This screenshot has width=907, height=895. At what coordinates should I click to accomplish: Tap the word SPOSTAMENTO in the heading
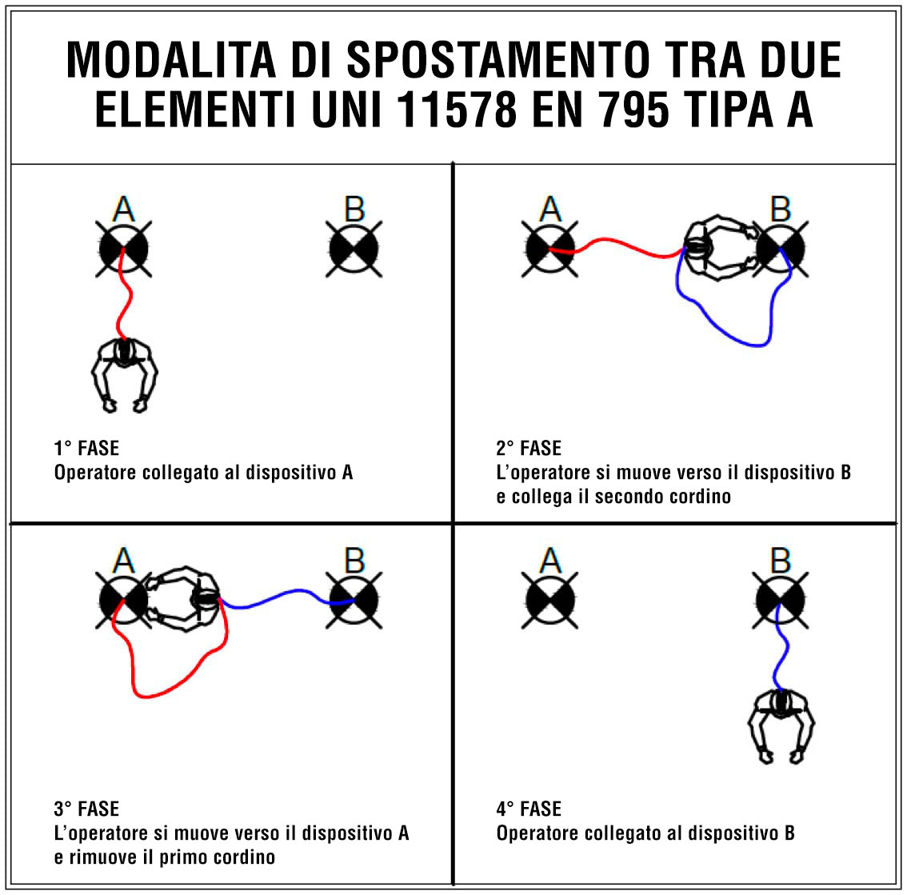498,59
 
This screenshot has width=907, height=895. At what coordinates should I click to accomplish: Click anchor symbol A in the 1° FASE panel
124,249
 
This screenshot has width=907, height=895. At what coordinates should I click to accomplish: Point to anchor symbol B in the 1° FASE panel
354,249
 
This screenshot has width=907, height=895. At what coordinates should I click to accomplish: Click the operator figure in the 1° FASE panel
124,375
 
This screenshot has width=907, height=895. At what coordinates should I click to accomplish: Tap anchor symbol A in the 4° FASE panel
549,600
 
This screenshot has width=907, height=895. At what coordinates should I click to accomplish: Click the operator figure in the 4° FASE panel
781,727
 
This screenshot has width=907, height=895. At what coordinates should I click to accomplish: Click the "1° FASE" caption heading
86,449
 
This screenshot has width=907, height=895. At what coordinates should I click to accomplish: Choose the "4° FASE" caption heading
529,809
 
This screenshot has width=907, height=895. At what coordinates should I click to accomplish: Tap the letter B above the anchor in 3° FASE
354,560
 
